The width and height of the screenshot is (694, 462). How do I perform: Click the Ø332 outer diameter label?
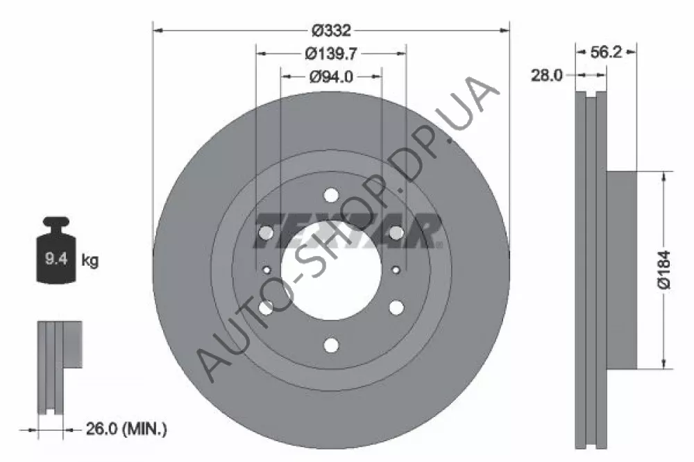click(331, 31)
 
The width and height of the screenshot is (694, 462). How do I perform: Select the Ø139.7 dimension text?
click(331, 53)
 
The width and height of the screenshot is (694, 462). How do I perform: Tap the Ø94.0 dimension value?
click(331, 76)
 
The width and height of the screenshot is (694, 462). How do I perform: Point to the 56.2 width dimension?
click(606, 52)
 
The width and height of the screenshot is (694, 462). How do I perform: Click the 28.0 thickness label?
click(547, 75)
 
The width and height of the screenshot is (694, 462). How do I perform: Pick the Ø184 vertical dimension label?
click(664, 269)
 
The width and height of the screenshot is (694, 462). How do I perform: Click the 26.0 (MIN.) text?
click(126, 429)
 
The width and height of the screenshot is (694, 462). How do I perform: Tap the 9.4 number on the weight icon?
click(56, 258)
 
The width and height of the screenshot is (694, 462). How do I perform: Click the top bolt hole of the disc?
click(331, 195)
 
